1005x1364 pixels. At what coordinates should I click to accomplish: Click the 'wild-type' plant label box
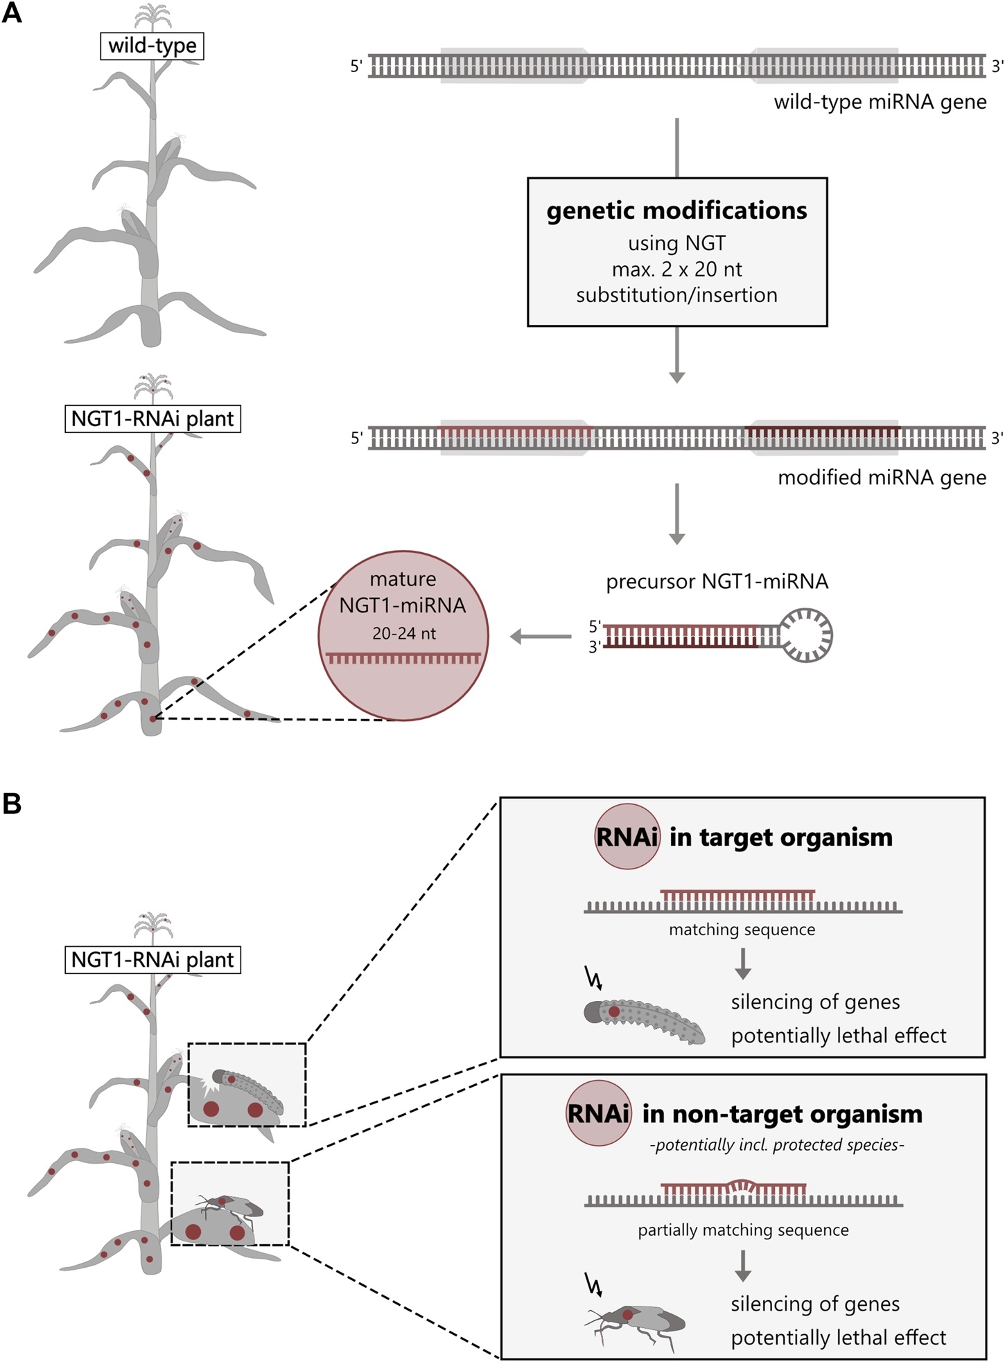click(x=152, y=46)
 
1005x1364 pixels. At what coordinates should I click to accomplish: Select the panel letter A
click(x=12, y=13)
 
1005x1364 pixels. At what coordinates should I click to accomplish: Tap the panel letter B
click(x=12, y=804)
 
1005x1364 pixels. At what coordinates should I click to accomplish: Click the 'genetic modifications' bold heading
click(x=676, y=211)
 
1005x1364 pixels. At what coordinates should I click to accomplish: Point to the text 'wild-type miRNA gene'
click(x=880, y=102)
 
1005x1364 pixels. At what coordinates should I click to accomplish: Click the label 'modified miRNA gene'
click(x=882, y=477)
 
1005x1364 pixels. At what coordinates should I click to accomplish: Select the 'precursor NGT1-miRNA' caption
click(x=717, y=581)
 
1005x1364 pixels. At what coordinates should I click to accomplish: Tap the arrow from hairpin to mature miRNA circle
click(x=541, y=636)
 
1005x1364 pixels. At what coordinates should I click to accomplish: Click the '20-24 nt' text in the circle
click(x=403, y=633)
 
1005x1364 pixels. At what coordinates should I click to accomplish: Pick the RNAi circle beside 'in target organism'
click(x=627, y=837)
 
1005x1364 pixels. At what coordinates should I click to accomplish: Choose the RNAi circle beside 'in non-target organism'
click(x=599, y=1114)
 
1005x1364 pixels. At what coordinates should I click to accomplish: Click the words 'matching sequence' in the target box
click(x=742, y=929)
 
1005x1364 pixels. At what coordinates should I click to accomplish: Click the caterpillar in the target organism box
click(x=644, y=1020)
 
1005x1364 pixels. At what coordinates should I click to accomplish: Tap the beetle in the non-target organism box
click(x=636, y=1325)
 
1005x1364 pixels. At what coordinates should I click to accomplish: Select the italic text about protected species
click(x=777, y=1145)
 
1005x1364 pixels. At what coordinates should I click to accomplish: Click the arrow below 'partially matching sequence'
click(x=742, y=1266)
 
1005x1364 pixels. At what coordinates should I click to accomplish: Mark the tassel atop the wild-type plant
click(x=152, y=16)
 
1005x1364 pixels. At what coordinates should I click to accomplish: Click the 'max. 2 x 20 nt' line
click(x=676, y=269)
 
